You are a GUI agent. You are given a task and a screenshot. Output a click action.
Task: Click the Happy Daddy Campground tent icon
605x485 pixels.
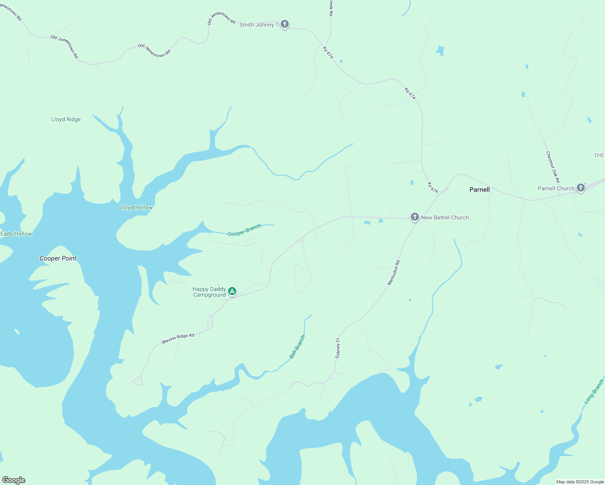click(x=232, y=291)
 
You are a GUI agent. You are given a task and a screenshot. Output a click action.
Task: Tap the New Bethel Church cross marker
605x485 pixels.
click(x=415, y=217)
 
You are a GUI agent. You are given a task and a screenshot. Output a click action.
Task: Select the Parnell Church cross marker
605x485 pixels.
click(x=581, y=188)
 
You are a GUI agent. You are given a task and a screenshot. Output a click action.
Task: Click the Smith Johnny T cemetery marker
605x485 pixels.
click(x=285, y=24)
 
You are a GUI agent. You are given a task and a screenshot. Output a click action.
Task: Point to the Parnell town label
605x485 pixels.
click(x=479, y=190)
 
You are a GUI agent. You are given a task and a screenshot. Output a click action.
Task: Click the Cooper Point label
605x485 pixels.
click(x=58, y=258)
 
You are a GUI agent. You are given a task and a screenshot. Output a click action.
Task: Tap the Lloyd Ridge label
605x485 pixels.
click(x=66, y=119)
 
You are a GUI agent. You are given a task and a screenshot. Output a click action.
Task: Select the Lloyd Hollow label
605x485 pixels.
click(x=136, y=207)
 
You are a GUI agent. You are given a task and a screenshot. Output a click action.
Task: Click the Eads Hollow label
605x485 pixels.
click(x=16, y=234)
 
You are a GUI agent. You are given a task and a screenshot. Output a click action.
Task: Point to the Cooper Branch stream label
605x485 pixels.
click(x=244, y=230)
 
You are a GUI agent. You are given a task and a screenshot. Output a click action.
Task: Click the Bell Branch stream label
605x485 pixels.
click(x=297, y=347)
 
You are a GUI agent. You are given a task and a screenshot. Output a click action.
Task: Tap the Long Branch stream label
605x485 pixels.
click(x=594, y=391)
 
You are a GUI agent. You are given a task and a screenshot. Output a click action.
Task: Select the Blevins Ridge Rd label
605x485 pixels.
click(x=178, y=339)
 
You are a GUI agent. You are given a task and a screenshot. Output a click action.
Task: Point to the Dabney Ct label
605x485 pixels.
click(x=338, y=348)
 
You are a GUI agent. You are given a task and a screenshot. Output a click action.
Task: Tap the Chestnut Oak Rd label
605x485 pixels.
click(x=553, y=167)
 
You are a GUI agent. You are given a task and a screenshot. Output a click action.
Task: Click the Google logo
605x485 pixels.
click(x=14, y=480)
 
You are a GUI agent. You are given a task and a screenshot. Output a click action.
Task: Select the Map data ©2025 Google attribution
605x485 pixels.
click(x=580, y=482)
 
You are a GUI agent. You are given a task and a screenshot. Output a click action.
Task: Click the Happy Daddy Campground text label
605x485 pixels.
click(x=209, y=292)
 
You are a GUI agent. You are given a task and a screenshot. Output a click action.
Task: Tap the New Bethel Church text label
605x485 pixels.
click(x=445, y=217)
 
